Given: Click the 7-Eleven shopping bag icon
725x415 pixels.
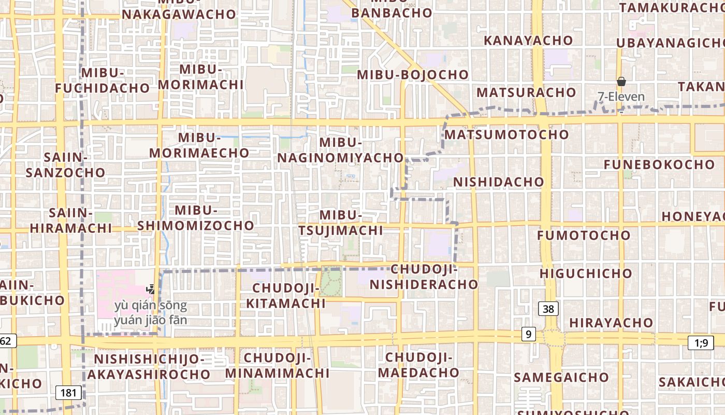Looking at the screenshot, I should pos(621,81).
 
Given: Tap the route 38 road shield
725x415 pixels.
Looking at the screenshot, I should pos(548,309).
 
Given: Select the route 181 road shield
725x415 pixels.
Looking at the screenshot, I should pos(68,393).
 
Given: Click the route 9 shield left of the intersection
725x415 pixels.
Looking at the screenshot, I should pos(528,335).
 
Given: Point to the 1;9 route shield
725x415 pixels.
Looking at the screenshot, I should pos(701,342).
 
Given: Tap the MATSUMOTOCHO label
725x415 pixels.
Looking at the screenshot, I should pos(506,135).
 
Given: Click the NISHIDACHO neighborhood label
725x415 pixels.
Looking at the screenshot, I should pos(498,182).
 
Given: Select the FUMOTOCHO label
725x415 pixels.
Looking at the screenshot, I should pos(584,236).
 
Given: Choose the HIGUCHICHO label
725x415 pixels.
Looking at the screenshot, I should pos(586,273).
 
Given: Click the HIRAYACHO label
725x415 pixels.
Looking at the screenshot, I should pos(611,323).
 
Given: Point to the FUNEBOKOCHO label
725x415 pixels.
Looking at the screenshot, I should pos(659,165).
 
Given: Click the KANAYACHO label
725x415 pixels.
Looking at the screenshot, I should pos(528,40).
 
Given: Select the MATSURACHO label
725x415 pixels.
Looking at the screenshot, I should pos(526,92).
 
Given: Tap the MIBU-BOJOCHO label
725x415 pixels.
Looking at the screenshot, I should pos(413,75).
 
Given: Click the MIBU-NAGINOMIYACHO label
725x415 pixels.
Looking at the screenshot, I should pos(340,150).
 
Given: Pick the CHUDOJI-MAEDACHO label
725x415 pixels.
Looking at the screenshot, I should pos(418,365).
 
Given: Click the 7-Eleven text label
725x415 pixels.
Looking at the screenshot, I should pos(621,97).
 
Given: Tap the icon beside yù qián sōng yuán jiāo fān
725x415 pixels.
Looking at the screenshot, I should pos(151,289).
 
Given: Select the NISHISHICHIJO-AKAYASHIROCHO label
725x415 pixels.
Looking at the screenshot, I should pos(149,366).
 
